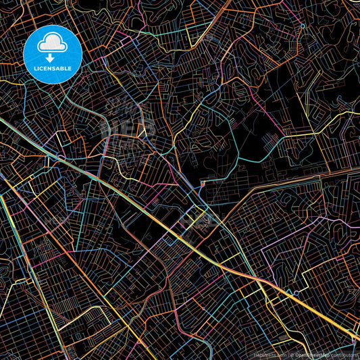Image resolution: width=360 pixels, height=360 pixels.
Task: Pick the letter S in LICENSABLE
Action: tap(57, 68)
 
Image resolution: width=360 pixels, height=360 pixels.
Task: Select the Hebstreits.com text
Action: tap(269, 354)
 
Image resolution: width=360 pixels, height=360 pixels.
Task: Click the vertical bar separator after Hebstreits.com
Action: tap(288, 354)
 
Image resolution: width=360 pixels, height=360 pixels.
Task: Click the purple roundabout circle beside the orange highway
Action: tap(295, 293)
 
